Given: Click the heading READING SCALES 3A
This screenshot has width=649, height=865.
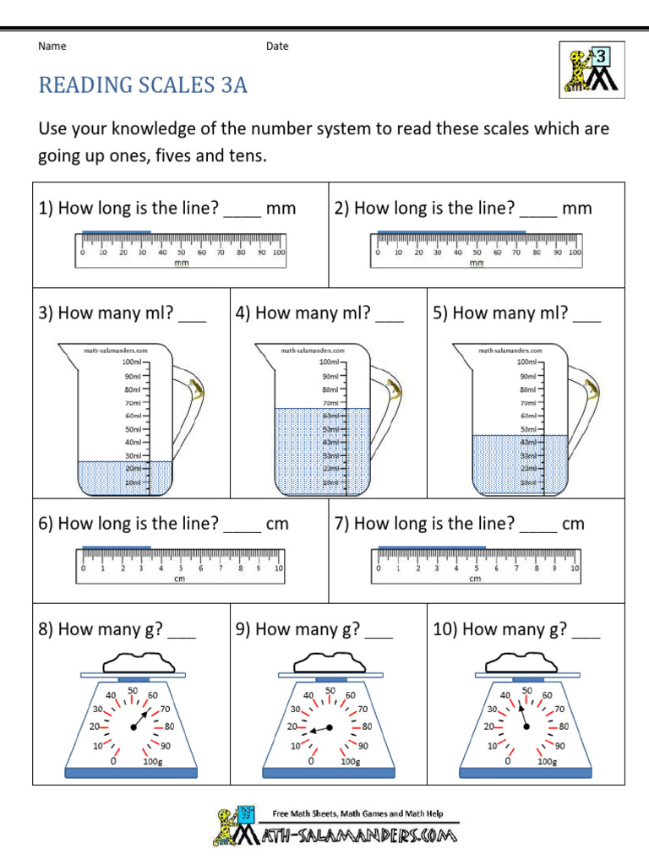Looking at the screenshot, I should [x=143, y=85].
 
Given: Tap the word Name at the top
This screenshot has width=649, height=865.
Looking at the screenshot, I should [x=52, y=46].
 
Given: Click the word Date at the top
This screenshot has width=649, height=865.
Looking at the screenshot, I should [x=277, y=46].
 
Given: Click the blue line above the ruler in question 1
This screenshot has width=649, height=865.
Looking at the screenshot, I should [x=117, y=231].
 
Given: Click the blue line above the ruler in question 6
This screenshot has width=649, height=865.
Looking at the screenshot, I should [x=117, y=547].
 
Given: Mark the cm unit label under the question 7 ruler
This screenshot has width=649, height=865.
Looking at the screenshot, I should [x=475, y=579].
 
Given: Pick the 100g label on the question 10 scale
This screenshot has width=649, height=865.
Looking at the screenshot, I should [x=547, y=761].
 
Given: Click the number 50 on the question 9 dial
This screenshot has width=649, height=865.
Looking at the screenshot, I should [x=330, y=690].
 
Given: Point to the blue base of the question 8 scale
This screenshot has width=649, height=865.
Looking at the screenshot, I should [x=131, y=771].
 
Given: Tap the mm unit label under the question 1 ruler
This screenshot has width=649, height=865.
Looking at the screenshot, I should [x=181, y=263].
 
